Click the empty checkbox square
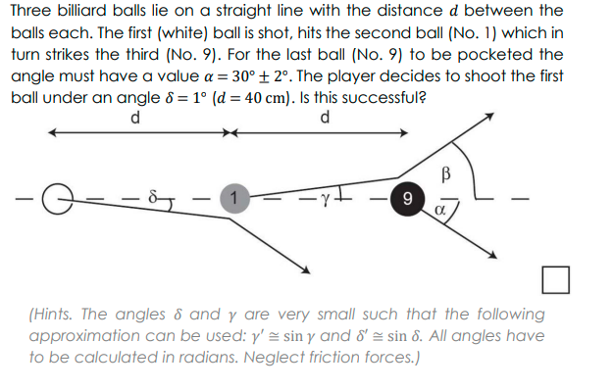555,279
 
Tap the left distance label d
135,119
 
